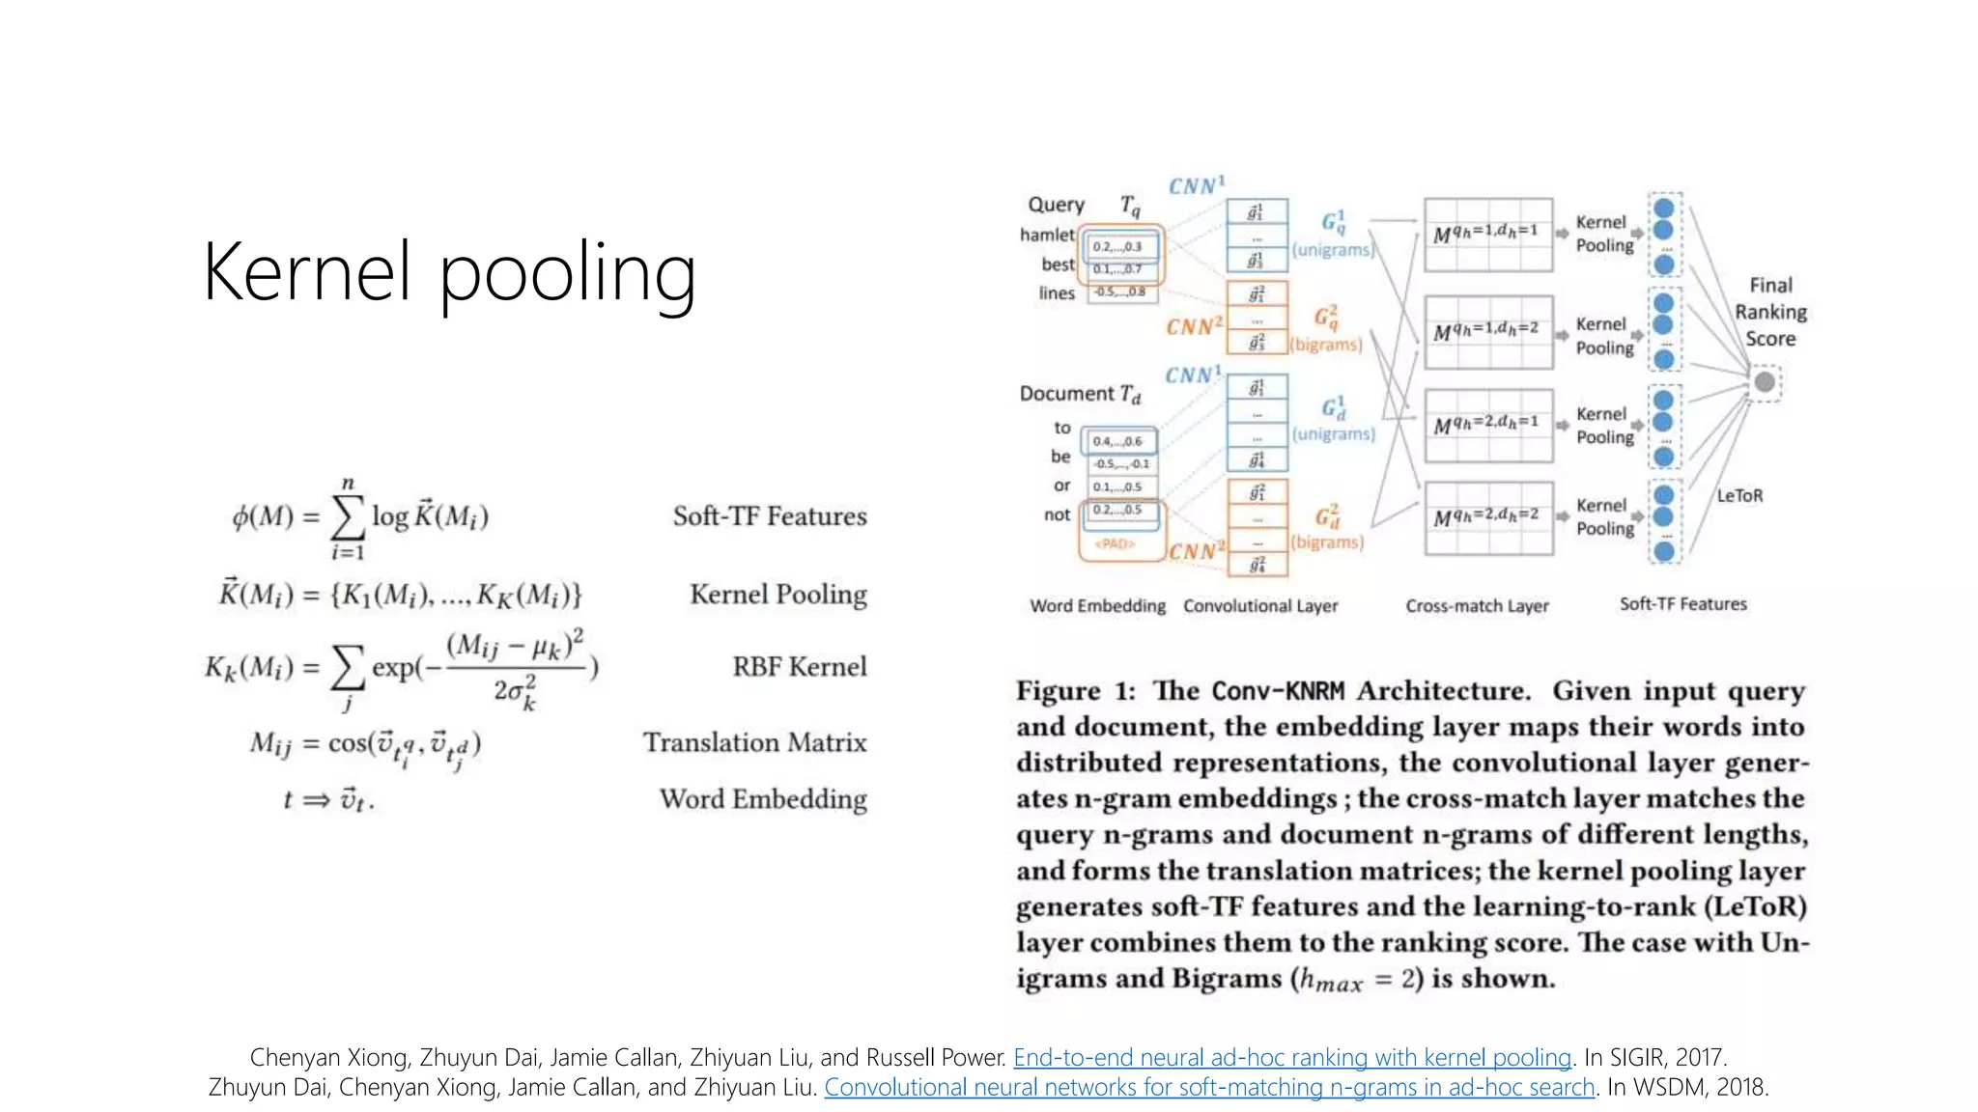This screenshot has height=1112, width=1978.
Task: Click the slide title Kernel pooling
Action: tap(449, 273)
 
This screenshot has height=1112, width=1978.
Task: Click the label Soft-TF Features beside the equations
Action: tap(769, 516)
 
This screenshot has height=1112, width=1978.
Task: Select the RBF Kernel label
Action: tap(799, 667)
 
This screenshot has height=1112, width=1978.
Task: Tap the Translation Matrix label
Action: tap(754, 742)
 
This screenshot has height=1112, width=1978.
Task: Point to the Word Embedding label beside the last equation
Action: tap(762, 799)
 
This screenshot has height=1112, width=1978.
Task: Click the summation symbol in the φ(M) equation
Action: tap(348, 517)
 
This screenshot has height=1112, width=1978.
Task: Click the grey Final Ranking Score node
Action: tap(1765, 382)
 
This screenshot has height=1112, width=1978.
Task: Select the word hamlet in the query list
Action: tap(1047, 235)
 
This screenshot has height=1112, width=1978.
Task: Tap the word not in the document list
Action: tap(1057, 514)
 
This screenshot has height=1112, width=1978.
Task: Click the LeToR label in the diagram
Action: tap(1739, 495)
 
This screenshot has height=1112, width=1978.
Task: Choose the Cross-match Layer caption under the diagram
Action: tap(1477, 606)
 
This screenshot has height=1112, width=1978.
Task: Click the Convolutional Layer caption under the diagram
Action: tap(1260, 606)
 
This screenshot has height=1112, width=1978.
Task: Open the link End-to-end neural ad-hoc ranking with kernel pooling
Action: tap(1292, 1058)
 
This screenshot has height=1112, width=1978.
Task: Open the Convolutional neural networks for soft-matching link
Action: tap(1208, 1088)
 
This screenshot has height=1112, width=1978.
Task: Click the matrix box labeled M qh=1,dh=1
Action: tap(1488, 235)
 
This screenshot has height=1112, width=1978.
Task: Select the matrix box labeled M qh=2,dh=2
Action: tap(1488, 518)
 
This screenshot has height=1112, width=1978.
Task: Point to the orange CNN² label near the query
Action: tap(1194, 326)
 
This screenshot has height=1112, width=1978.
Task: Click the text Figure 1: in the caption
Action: tap(1075, 691)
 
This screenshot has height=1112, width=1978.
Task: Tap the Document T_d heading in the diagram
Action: tap(1080, 394)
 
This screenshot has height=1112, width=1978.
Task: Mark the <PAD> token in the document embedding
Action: tap(1114, 543)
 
